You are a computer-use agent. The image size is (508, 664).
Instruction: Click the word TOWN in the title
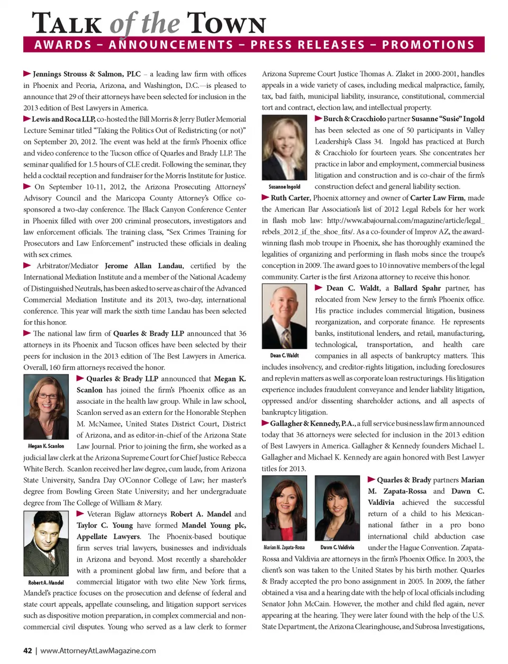[x=226, y=24]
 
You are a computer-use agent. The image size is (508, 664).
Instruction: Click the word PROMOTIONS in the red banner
[x=428, y=44]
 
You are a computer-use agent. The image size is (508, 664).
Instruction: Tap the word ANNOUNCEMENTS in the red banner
[x=171, y=44]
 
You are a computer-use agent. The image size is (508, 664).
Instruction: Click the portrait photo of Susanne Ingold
[x=284, y=149]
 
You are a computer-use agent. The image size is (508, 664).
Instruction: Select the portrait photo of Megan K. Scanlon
[x=46, y=407]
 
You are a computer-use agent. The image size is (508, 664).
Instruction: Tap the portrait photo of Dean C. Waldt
[x=284, y=316]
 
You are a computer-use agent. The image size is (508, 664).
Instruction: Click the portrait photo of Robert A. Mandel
[x=46, y=543]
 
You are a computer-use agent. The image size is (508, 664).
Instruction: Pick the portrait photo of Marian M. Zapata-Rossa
[x=284, y=507]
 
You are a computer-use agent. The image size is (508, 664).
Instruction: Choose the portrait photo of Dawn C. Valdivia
[x=337, y=507]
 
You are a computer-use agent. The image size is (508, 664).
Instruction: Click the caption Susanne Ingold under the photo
[x=284, y=187]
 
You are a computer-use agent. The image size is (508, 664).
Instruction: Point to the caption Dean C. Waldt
[x=284, y=356]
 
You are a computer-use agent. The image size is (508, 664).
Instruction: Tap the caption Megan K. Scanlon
[x=46, y=446]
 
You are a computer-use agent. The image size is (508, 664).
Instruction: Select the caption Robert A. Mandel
[x=46, y=583]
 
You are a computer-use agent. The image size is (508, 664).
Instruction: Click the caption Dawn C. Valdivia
[x=337, y=547]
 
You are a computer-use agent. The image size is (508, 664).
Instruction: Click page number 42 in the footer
[x=28, y=651]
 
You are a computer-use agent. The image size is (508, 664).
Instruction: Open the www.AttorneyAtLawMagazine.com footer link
[x=98, y=651]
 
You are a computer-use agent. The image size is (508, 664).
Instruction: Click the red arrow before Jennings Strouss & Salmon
[x=27, y=74]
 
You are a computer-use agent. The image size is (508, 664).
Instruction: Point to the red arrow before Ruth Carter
[x=266, y=197]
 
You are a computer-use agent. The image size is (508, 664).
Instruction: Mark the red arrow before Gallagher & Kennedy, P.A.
[x=266, y=423]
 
